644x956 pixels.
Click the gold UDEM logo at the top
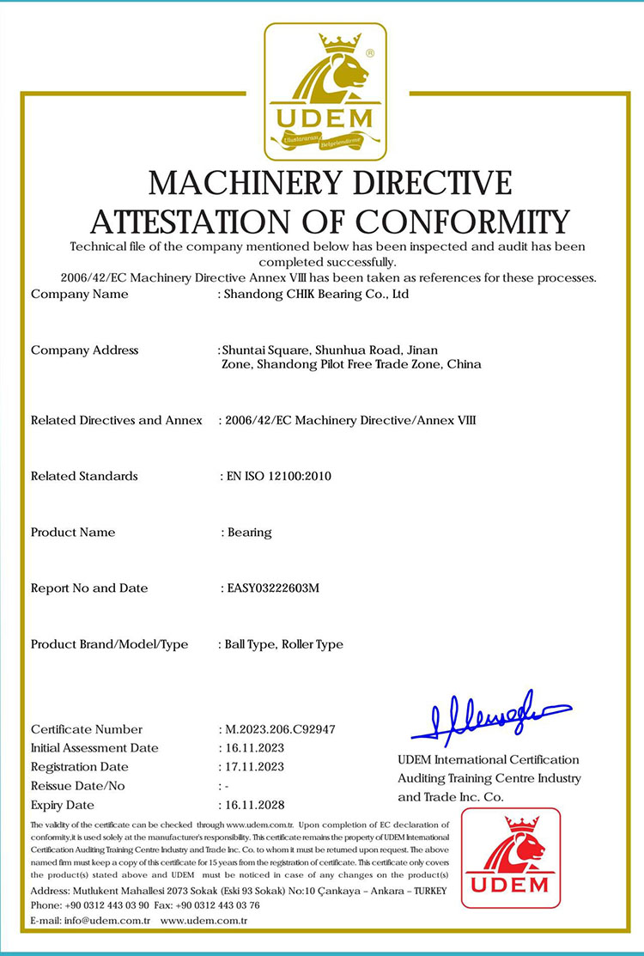pyautogui.click(x=325, y=91)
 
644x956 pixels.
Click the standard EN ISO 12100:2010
pyautogui.click(x=278, y=476)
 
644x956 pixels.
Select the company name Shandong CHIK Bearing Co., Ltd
pyautogui.click(x=315, y=294)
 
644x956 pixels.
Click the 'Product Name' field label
pyautogui.click(x=73, y=533)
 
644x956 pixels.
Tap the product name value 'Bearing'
pyautogui.click(x=250, y=533)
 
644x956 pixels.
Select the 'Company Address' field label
pyautogui.click(x=84, y=350)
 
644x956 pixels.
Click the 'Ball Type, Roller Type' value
pyautogui.click(x=283, y=644)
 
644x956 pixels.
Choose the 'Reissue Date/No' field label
pyautogui.click(x=78, y=786)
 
